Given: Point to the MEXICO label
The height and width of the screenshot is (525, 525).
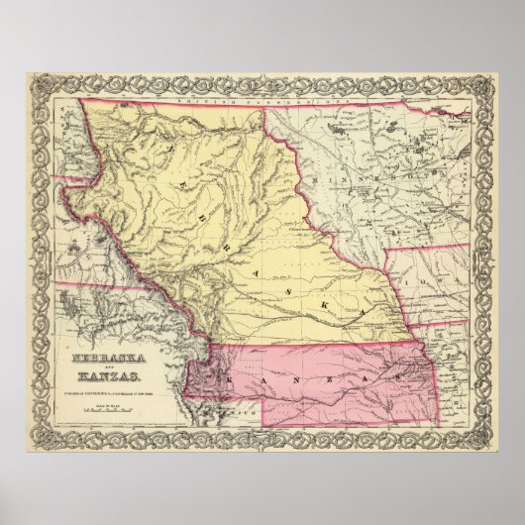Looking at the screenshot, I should click(248, 406).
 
